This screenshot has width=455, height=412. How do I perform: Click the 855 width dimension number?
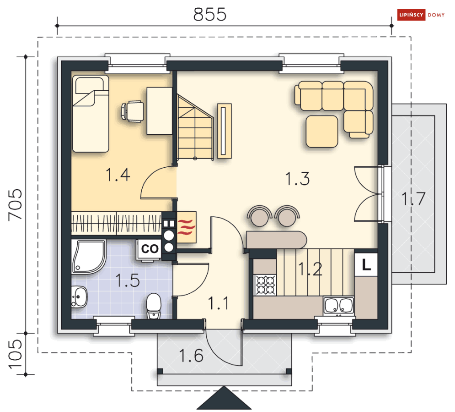[x=210, y=14]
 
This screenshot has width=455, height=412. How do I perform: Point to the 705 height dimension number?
[x=16, y=205]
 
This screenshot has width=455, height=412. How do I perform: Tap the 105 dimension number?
[x=16, y=354]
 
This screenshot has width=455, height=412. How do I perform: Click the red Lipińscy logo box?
[x=411, y=15]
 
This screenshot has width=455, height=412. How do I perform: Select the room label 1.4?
[x=118, y=175]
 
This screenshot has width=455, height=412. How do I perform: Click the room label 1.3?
[x=297, y=179]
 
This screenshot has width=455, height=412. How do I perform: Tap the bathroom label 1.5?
[x=128, y=280]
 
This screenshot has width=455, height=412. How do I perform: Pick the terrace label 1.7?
[x=413, y=199]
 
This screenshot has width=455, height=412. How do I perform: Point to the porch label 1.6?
[x=191, y=355]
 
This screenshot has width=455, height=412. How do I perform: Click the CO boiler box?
[x=150, y=249]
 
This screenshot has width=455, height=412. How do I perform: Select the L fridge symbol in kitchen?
[x=366, y=264]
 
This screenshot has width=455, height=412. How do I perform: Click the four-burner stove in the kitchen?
[x=265, y=285]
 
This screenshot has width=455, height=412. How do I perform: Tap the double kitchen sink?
[x=339, y=306]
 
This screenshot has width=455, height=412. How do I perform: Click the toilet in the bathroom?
[x=154, y=306]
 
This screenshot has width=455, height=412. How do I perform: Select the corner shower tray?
[x=89, y=257]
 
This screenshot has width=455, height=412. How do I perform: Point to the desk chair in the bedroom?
[x=133, y=111]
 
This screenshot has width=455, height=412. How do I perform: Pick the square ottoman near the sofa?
[x=322, y=132]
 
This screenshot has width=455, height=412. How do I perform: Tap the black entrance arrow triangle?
[x=224, y=398]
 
